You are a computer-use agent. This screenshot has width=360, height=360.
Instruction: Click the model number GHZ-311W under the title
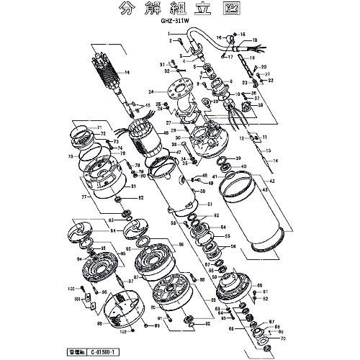(x=176, y=22)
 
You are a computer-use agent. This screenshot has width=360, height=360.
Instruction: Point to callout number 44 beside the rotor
(x=127, y=73)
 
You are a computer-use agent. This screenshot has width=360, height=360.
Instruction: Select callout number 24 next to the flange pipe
(x=152, y=92)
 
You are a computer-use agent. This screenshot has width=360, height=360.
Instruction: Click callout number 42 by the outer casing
(x=272, y=181)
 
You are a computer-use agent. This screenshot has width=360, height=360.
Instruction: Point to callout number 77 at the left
(x=84, y=195)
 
